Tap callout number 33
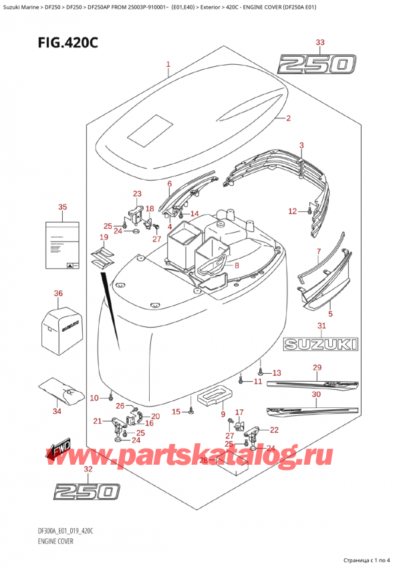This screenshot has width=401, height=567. coord(320,43)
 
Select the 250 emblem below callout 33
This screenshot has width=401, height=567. coord(317,65)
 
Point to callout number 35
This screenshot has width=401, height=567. coord(63,207)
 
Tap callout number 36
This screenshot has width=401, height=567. coord(58,293)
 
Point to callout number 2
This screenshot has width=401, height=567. coord(269,119)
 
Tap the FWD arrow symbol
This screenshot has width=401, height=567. coord(57,454)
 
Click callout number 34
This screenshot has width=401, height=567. coord(57,411)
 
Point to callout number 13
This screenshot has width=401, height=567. coord(277,373)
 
